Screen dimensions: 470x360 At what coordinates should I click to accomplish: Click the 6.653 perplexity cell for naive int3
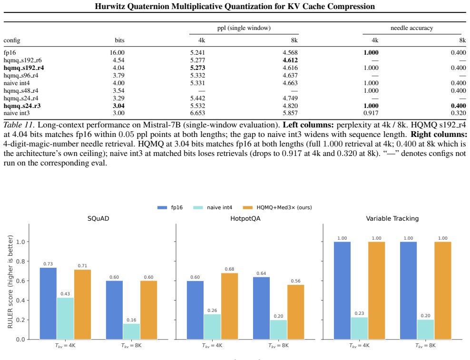(197, 113)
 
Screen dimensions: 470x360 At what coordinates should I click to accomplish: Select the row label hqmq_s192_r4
(24, 68)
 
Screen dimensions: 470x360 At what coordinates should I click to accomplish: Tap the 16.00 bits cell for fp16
(117, 52)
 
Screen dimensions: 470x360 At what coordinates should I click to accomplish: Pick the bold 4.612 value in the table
(290, 60)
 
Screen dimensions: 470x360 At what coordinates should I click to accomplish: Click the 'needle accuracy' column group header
(411, 28)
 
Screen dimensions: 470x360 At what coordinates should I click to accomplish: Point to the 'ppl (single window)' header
(244, 28)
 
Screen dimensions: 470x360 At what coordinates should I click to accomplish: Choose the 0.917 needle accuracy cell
(371, 113)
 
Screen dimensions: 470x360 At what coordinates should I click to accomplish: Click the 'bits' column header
(119, 40)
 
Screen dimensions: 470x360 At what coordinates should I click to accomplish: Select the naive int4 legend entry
(213, 207)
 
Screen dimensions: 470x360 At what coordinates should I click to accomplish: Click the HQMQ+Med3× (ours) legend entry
(277, 207)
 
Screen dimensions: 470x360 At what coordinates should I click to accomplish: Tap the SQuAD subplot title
(98, 218)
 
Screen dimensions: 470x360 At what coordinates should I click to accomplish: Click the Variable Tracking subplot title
(392, 218)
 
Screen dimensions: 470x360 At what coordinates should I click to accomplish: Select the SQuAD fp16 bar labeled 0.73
(48, 304)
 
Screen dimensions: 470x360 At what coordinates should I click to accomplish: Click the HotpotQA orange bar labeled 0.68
(230, 306)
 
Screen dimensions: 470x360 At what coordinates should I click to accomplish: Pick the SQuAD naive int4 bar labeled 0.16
(131, 331)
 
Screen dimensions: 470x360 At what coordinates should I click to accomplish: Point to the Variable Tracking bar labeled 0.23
(359, 328)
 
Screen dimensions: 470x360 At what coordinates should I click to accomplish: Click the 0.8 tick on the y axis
(20, 262)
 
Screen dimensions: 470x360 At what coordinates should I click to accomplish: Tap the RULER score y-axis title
(10, 282)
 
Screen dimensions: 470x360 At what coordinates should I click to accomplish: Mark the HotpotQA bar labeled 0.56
(295, 312)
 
